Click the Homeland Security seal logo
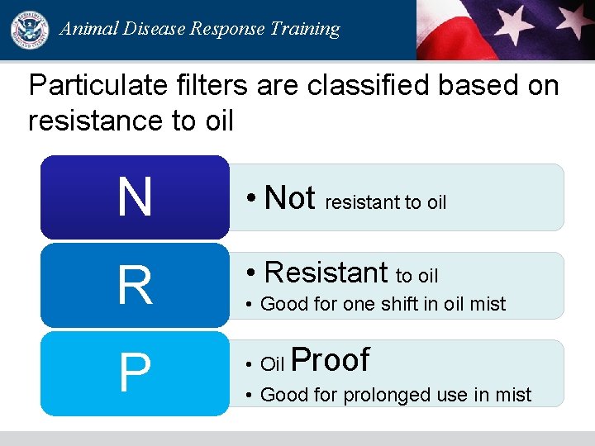(x=29, y=30)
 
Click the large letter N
(x=135, y=198)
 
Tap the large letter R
(x=135, y=286)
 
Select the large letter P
(x=135, y=373)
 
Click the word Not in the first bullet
(x=290, y=198)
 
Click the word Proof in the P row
(x=331, y=360)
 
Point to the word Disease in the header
(x=153, y=29)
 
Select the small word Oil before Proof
(x=272, y=364)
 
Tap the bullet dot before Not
(x=251, y=200)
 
